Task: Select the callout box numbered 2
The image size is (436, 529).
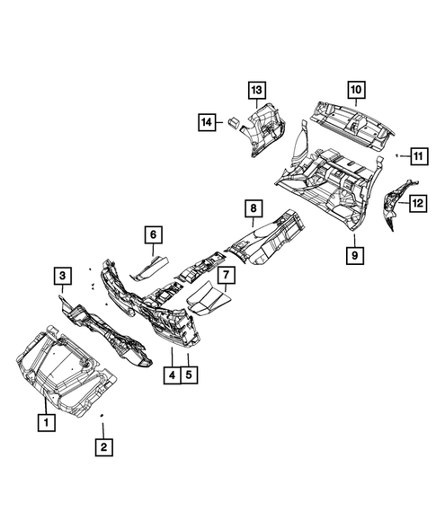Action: coord(103,446)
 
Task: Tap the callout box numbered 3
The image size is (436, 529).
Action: coord(62,276)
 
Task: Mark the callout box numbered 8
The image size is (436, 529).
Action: coord(254,208)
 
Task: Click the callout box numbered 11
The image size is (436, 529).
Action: coord(418,158)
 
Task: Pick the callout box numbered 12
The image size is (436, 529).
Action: coord(418,205)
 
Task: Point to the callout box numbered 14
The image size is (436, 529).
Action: coord(207,122)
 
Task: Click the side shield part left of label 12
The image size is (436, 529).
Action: coord(395,207)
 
